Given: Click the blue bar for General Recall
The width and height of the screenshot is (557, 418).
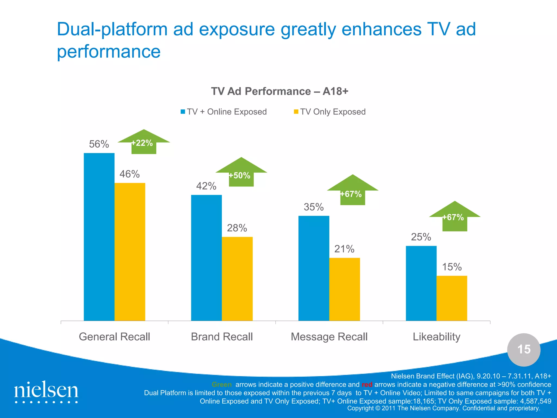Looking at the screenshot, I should tap(99, 237).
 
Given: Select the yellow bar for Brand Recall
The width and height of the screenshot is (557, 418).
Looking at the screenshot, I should tap(237, 279).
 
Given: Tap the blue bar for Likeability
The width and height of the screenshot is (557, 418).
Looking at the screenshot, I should tap(421, 283).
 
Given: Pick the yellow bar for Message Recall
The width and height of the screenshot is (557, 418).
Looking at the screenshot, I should tap(344, 289).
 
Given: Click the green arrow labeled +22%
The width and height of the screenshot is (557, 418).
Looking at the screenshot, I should tap(144, 143).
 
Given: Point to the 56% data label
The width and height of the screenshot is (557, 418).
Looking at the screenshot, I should tap(99, 144).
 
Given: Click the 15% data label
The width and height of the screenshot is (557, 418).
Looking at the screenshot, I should tap(452, 267).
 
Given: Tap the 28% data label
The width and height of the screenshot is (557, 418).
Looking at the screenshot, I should tap(237, 228).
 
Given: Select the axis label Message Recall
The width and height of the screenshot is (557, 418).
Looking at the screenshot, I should tap(329, 337).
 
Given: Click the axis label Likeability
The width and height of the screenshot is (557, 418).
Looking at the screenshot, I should tap(437, 337).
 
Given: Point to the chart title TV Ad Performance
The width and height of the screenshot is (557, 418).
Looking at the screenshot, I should tap(280, 91).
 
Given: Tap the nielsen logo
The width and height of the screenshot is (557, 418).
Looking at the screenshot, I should tap(46, 391).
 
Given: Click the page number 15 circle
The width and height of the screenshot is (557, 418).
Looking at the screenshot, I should tap(524, 349).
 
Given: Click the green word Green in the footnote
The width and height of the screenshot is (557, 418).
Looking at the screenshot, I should tap(222, 385).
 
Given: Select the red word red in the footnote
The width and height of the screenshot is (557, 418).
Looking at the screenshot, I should tap(367, 385).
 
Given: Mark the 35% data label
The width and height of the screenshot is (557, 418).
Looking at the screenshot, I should tap(314, 207).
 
